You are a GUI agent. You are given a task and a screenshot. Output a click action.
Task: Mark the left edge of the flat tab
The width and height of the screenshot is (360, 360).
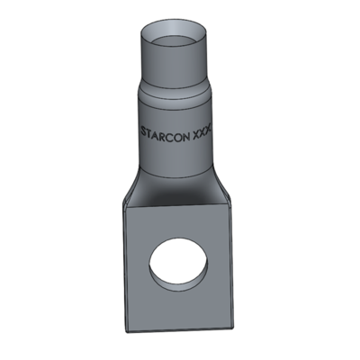[126, 270]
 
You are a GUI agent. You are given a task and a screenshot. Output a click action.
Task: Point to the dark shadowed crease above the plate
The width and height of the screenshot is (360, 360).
[180, 203]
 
